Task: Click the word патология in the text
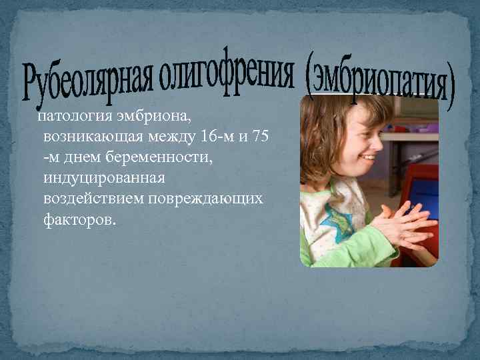pos(68,117)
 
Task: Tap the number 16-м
pos(219,137)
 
